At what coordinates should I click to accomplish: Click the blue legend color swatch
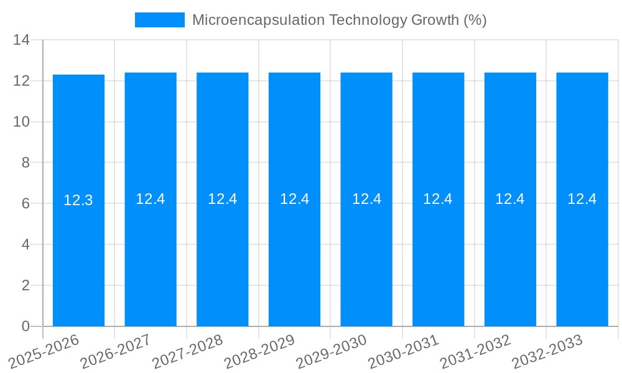(x=160, y=20)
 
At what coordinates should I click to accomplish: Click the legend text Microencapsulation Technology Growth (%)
(x=339, y=20)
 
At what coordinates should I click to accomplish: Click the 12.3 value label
(x=78, y=200)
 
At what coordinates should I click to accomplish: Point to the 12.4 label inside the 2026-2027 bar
(x=151, y=199)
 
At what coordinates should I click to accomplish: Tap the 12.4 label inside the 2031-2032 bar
(x=510, y=199)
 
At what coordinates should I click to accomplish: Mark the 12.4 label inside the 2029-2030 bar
(x=366, y=199)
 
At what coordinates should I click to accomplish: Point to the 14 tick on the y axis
(x=21, y=40)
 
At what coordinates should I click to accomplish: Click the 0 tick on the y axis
(x=26, y=326)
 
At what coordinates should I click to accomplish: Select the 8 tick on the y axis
(x=26, y=163)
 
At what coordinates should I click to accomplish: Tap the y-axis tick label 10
(x=21, y=122)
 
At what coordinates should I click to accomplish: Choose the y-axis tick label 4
(x=26, y=244)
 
